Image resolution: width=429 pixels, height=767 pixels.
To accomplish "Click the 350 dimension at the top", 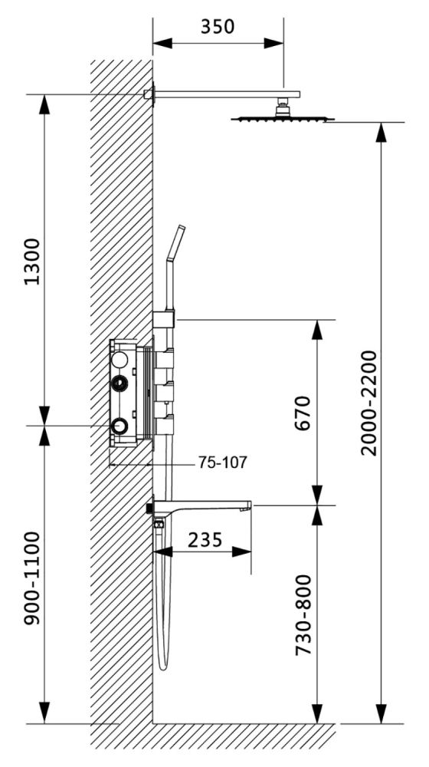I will [x=218, y=27].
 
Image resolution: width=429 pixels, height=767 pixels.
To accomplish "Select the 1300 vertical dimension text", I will [x=31, y=261].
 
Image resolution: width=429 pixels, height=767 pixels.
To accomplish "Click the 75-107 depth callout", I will [x=222, y=463].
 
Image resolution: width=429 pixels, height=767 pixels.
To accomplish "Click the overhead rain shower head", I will [x=283, y=118].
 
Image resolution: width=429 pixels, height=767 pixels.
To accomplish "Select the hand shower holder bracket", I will [x=164, y=319].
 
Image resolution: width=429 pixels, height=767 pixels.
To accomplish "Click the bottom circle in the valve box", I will [x=120, y=426].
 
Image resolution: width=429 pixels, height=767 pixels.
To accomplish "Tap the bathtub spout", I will [x=207, y=506].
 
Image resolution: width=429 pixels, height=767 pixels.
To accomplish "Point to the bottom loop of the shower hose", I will [x=162, y=664].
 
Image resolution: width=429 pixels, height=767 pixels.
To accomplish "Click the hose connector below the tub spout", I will [x=159, y=525].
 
